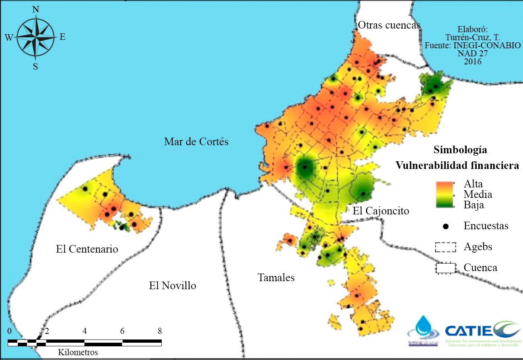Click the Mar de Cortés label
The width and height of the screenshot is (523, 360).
point(196,142)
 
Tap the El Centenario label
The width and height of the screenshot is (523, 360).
point(87,249)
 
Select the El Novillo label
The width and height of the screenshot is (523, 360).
point(172,286)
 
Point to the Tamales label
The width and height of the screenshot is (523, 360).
point(276,277)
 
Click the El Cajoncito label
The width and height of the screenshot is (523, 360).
point(381,211)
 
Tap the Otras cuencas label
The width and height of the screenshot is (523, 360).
point(389,25)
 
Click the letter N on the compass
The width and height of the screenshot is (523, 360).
point(35,10)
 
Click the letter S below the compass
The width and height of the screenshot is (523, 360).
point(35,66)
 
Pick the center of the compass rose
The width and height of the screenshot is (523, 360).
point(36,37)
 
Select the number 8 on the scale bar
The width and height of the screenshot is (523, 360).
point(160,331)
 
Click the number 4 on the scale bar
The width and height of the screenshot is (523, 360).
point(84,331)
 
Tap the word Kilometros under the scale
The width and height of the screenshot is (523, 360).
point(78,352)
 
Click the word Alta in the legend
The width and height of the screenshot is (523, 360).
point(473,184)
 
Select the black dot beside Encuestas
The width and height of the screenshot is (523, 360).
point(445,226)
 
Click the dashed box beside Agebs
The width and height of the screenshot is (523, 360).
point(445,247)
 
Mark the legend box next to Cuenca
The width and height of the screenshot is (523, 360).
point(445,267)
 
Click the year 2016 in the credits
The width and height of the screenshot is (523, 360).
point(472,62)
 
